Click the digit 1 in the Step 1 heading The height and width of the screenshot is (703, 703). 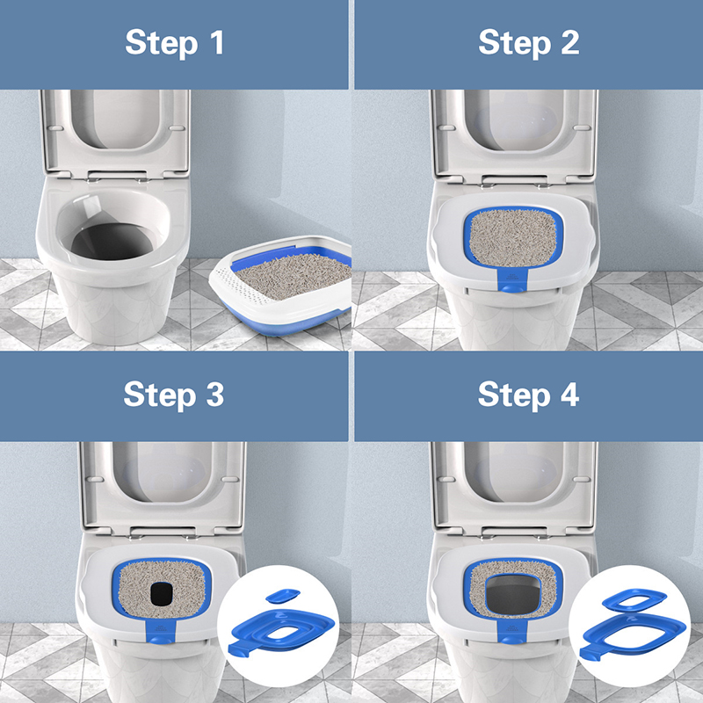click(217, 42)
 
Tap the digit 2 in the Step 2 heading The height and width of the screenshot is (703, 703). click(569, 42)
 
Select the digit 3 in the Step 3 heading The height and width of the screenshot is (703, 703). click(214, 395)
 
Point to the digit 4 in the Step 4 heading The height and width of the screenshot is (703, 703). click(569, 395)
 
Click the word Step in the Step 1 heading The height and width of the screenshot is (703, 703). click(162, 43)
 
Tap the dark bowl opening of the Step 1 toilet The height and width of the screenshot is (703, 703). click(112, 241)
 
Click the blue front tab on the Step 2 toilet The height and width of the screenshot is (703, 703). click(510, 280)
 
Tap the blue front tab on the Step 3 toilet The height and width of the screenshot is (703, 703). click(161, 632)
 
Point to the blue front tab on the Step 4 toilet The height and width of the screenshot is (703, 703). click(511, 631)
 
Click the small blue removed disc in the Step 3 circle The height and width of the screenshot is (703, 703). click(282, 596)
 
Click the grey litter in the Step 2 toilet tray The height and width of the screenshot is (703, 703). click(513, 237)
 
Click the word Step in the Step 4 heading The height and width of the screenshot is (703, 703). click(514, 396)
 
